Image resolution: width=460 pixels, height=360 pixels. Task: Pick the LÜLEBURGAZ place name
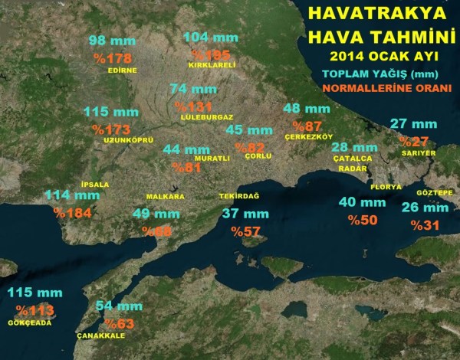pos(206,117)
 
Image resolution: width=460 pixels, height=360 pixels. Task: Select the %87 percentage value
pos(303,125)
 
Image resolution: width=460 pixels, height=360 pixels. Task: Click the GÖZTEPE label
pos(433,192)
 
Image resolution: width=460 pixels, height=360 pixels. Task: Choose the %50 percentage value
pos(363,220)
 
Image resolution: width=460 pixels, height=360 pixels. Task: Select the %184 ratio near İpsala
pos(73,212)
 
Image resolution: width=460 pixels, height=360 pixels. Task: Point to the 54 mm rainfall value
pos(119,306)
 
